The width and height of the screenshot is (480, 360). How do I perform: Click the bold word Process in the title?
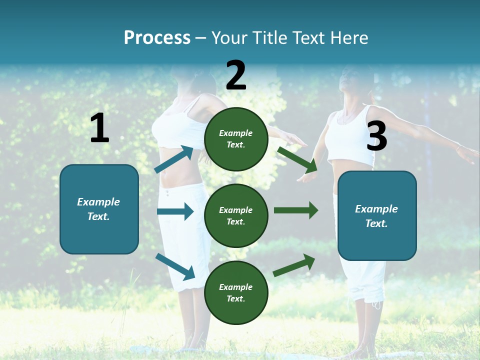pos(157,38)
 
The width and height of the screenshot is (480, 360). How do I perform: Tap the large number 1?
pos(99,128)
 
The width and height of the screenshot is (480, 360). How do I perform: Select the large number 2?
pos(236,75)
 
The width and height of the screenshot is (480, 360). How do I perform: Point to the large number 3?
pos(376,136)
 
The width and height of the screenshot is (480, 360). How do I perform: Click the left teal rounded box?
pos(99,209)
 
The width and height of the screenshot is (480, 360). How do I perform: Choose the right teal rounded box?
pos(377,215)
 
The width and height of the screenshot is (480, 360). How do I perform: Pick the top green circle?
pos(236,139)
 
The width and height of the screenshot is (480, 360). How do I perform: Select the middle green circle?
pos(236,215)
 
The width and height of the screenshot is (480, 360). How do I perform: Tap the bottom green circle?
pos(236,292)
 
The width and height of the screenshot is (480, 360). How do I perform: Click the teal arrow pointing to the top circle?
pos(174,159)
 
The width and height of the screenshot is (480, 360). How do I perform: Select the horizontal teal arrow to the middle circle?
pos(175,211)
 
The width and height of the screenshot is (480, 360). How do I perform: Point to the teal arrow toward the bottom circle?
pos(175,266)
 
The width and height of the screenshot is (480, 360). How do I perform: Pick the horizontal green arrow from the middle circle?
pos(296,210)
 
